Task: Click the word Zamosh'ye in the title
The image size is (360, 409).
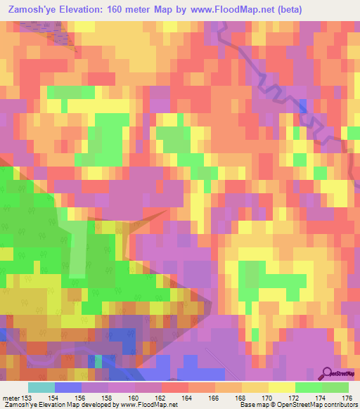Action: click(35, 10)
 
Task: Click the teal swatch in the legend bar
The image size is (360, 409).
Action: click(41, 387)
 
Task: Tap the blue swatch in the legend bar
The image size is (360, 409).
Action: click(68, 387)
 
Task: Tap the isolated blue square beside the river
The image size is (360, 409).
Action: click(302, 106)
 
